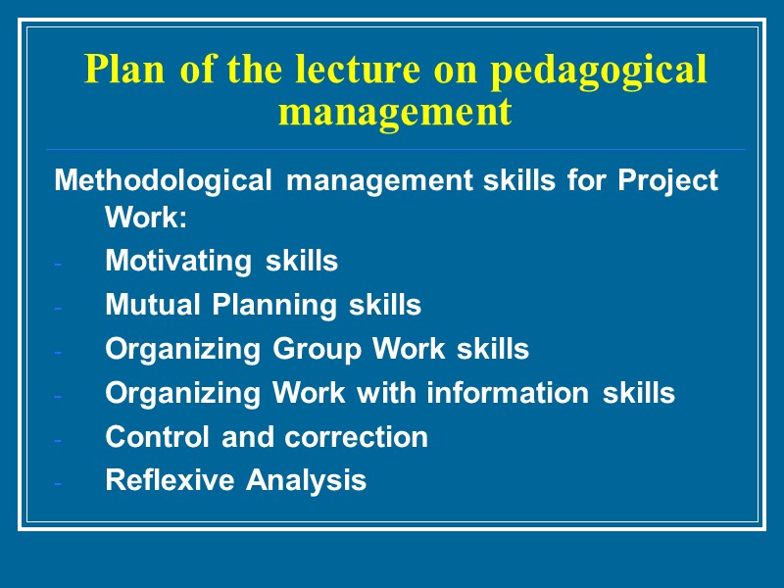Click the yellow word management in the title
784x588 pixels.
(x=395, y=112)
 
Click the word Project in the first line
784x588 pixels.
(x=668, y=181)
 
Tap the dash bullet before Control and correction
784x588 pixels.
(x=59, y=440)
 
